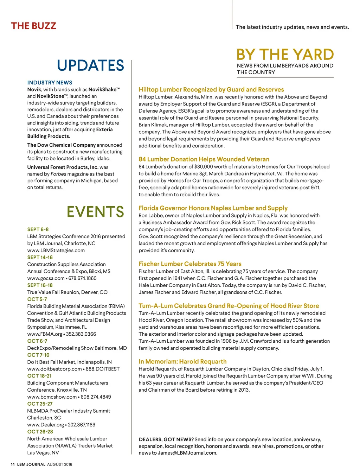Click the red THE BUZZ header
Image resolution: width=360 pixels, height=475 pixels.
pos(33,26)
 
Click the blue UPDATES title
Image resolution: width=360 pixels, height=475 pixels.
pos(90,66)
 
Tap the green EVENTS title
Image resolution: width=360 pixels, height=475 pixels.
pos(95,212)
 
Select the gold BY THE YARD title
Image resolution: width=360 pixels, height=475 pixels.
pos(285,55)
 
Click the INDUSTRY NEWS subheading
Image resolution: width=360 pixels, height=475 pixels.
pos(50,83)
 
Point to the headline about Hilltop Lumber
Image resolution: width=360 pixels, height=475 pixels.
pos(211,90)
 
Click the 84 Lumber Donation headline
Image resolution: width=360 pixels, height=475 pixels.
pos(204,159)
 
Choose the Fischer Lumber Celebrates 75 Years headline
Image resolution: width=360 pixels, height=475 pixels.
pos(190,264)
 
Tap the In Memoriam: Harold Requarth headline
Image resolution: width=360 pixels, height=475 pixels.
pos(182,362)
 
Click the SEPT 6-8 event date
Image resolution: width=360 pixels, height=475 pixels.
pos(38,229)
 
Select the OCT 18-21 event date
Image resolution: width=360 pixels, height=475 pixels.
pos(39,376)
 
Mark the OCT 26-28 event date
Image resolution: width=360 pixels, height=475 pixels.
pos(40,432)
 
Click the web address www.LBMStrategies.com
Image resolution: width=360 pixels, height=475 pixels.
pos(56,251)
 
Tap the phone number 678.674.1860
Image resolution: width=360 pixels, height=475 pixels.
pos(83,278)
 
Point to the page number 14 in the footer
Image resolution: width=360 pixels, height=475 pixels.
pos(13,464)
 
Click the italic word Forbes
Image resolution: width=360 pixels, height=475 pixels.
pos(58,174)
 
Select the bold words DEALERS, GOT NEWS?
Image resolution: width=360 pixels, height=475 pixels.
pos(166,439)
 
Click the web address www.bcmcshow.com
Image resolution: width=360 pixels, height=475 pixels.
pos(52,397)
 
